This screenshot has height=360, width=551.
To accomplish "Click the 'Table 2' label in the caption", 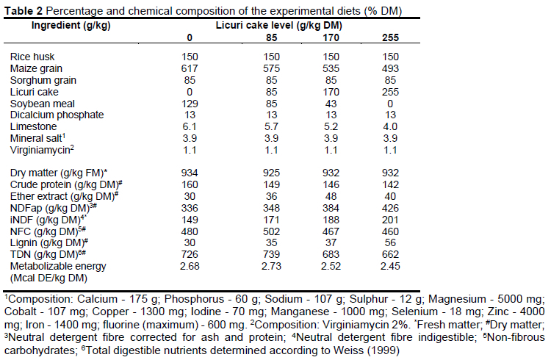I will point(24,9).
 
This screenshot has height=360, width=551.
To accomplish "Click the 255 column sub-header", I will point(391,37).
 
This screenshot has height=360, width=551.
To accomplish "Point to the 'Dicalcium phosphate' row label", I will point(56,115).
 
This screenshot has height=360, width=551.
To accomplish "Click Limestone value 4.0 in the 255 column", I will point(391,126).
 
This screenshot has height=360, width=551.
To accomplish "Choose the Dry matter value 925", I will point(270,171).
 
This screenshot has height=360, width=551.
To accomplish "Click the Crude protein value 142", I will point(391,183).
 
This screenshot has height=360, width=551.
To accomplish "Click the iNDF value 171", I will point(270,218).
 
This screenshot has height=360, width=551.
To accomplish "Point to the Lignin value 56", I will point(391,242).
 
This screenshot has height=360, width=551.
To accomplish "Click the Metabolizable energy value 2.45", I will point(391,265).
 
